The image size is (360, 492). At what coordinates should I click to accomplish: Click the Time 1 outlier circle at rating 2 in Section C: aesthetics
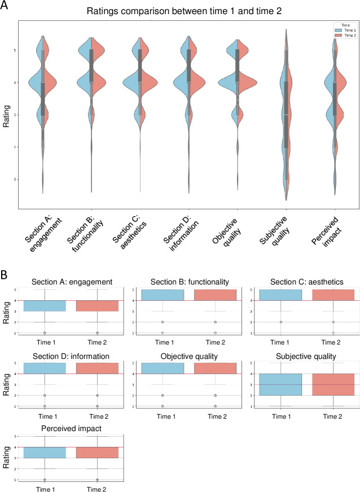click(x=280, y=322)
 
